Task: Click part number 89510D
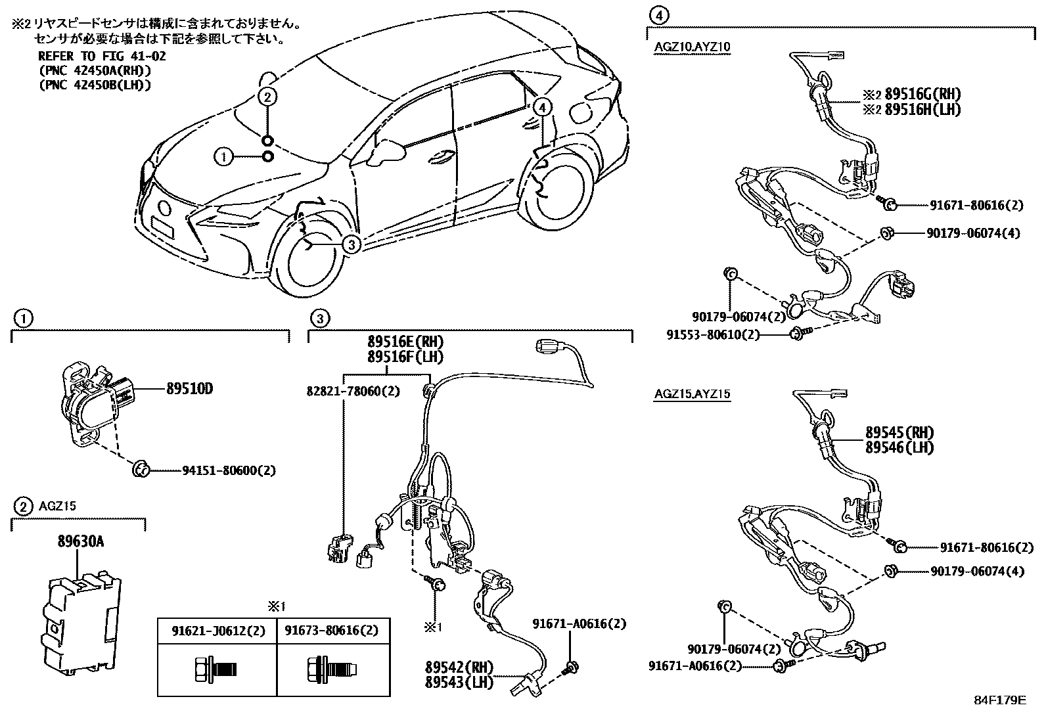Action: pyautogui.click(x=189, y=389)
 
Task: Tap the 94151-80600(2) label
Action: pyautogui.click(x=229, y=470)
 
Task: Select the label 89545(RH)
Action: pyautogui.click(x=899, y=433)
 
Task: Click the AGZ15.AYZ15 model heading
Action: pyautogui.click(x=692, y=394)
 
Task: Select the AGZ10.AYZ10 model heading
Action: pyautogui.click(x=692, y=47)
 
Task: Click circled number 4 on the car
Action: pyautogui.click(x=541, y=106)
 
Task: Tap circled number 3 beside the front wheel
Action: pyautogui.click(x=352, y=244)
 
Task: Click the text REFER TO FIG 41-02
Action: pyautogui.click(x=102, y=56)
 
